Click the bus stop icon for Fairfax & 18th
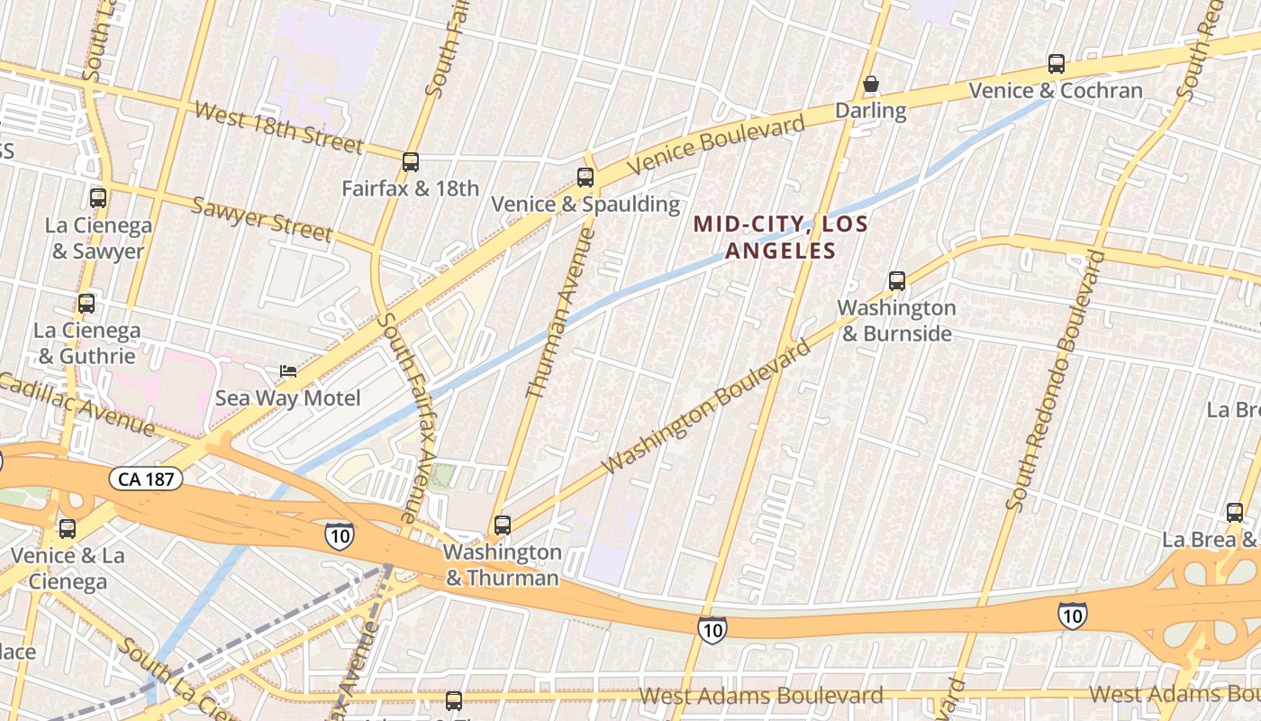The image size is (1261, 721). point(411,162)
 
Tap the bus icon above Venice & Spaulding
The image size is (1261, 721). point(585,178)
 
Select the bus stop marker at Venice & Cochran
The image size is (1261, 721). point(1057,64)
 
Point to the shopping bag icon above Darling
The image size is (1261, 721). point(871,85)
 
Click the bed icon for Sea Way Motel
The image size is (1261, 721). point(288,371)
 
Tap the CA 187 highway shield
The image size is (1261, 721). point(146,479)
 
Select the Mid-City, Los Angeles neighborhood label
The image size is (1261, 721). point(781,237)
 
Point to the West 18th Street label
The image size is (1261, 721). point(278,127)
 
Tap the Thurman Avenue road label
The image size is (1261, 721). point(560,313)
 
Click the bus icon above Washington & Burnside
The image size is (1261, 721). point(897,281)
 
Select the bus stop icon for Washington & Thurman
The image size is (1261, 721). point(503,525)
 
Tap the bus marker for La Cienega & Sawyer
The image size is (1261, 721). point(98,198)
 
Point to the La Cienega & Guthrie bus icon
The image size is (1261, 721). point(86,304)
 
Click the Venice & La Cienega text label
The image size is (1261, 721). point(68,568)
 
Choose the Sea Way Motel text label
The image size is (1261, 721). point(287,398)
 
